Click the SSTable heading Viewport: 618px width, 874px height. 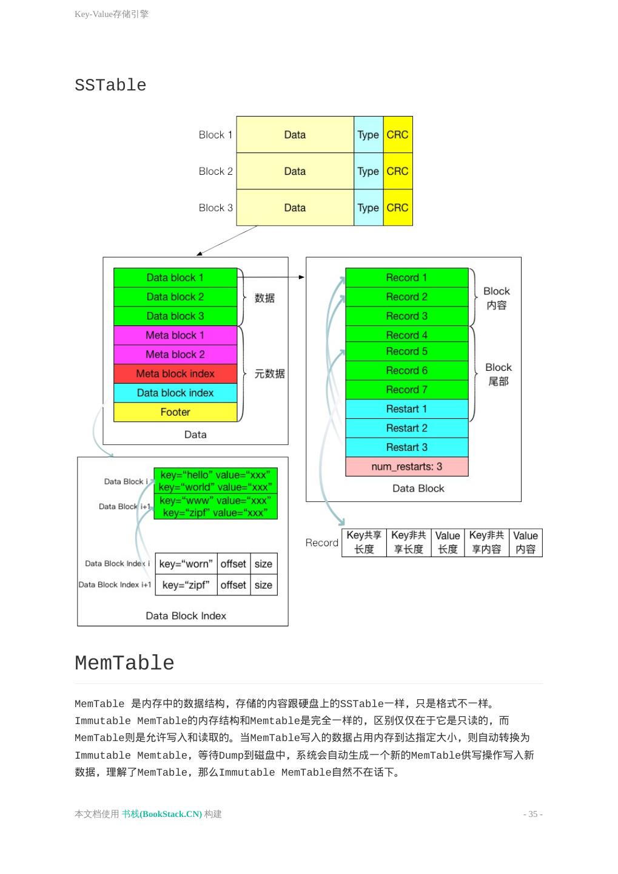click(110, 86)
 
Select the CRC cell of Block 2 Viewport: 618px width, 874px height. click(397, 171)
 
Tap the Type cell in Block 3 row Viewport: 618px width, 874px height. click(368, 208)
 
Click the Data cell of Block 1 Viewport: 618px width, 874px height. click(295, 135)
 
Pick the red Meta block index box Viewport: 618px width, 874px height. click(175, 373)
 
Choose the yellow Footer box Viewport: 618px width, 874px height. click(175, 412)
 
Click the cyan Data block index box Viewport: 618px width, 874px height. click(175, 393)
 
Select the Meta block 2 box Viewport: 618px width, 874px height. click(175, 354)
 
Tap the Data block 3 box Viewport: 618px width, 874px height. click(175, 316)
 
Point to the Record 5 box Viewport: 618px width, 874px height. click(406, 351)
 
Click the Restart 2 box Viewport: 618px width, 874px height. click(406, 428)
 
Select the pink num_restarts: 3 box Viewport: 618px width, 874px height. click(406, 467)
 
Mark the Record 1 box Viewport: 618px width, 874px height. click(406, 277)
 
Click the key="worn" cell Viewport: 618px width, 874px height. click(186, 564)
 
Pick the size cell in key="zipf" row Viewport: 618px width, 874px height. click(263, 585)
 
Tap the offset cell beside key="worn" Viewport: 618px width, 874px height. click(233, 564)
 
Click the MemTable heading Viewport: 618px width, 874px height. click(124, 663)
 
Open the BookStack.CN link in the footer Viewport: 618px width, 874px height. click(161, 814)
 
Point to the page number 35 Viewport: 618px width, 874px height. click(532, 814)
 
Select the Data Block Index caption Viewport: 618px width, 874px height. click(186, 615)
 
